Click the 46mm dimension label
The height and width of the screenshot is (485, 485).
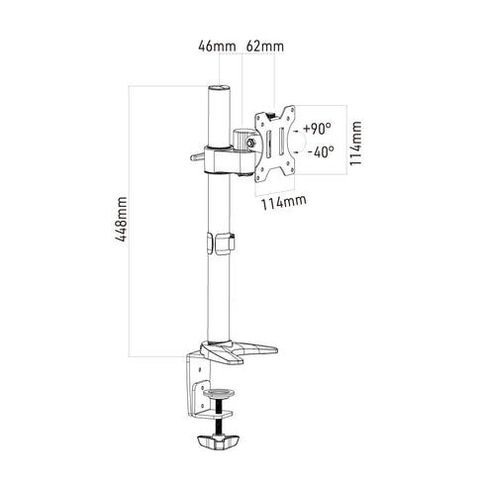217,47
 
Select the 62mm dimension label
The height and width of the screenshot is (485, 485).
265,47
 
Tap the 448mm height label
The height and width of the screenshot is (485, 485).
121,219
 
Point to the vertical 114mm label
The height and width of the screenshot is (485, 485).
355,144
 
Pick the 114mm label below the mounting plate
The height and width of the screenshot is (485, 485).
284,202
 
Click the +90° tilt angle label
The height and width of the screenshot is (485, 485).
317,129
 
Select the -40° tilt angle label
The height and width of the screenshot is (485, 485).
321,152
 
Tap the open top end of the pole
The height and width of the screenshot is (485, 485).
219,88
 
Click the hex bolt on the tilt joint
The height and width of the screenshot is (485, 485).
250,144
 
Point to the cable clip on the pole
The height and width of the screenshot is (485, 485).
221,243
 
